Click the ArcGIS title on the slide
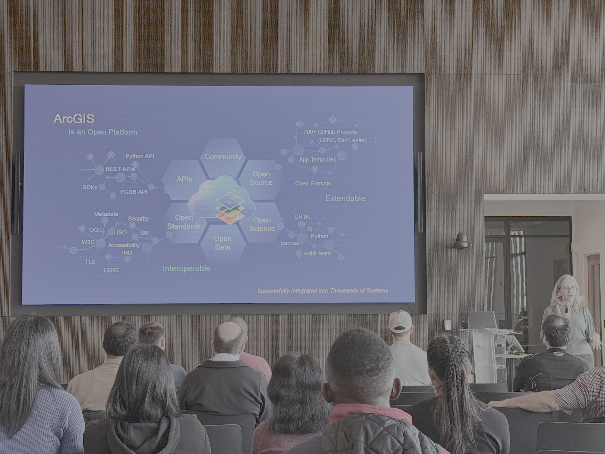(x=74, y=118)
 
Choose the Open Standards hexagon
(x=184, y=222)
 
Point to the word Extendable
(x=345, y=198)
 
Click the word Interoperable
(x=187, y=268)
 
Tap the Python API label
(x=140, y=156)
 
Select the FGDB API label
(x=134, y=192)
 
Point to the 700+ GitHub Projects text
(x=330, y=132)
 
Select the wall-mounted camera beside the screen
(x=460, y=241)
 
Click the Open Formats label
(x=313, y=184)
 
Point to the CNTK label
(x=302, y=217)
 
